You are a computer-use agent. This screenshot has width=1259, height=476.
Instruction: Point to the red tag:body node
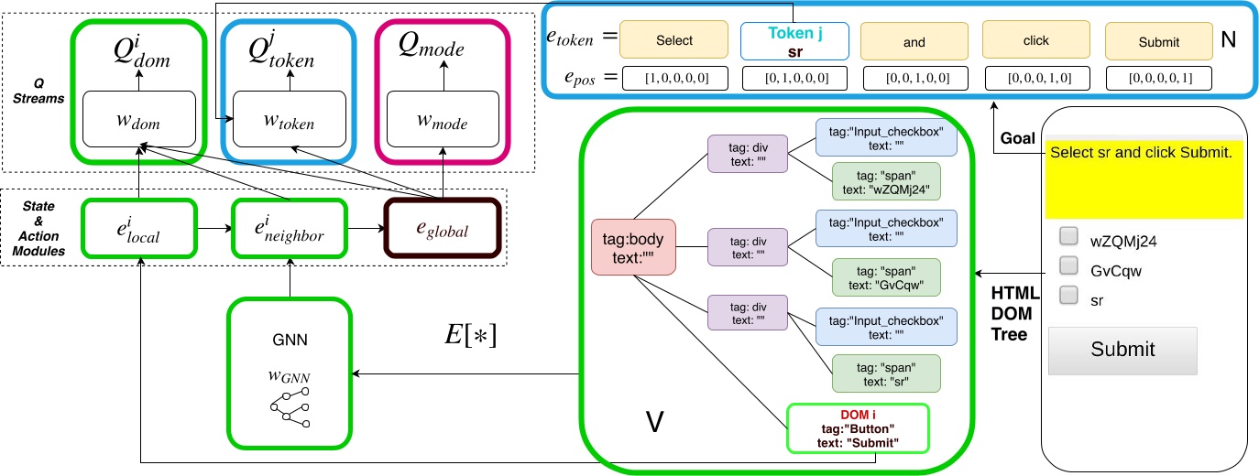point(633,247)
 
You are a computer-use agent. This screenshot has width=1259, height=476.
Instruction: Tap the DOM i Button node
point(859,427)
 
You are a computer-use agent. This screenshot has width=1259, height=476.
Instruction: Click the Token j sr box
point(794,41)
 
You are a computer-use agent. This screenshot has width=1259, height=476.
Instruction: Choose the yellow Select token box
point(673,41)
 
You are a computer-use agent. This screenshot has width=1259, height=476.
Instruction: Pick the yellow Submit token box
point(1159,42)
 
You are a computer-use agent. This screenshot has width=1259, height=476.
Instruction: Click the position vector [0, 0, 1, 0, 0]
point(914,79)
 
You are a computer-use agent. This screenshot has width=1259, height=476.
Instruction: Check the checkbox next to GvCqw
point(1068,265)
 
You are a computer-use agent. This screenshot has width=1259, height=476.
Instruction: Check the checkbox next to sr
point(1068,295)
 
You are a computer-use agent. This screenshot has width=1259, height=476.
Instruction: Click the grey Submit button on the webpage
point(1122,350)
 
